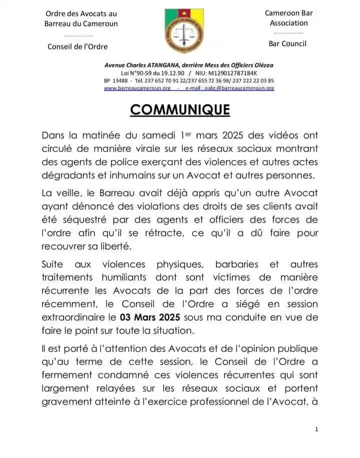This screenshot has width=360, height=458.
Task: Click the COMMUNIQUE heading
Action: [x=180, y=109]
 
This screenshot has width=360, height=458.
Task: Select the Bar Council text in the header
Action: [x=287, y=43]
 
